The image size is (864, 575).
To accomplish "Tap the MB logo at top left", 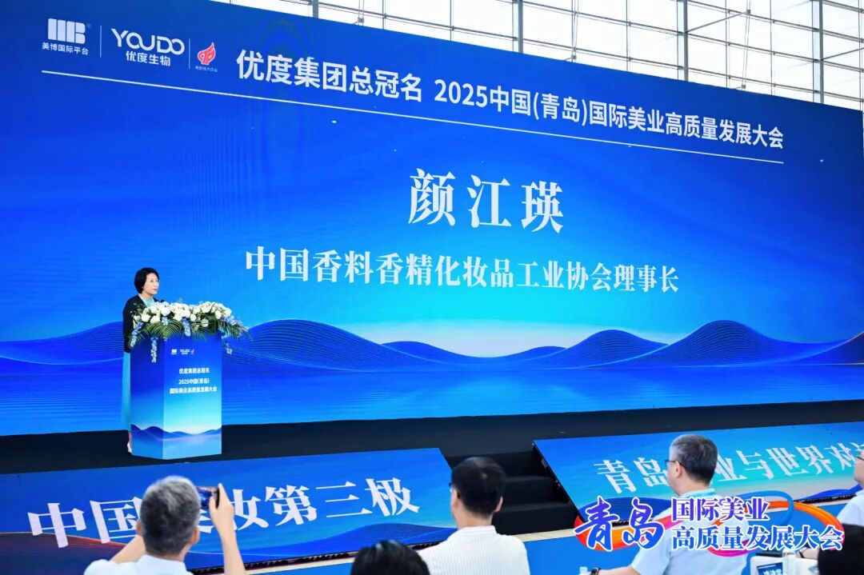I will [66, 31].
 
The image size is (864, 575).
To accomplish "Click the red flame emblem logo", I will [206, 54].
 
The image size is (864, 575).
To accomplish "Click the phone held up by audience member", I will [206, 497].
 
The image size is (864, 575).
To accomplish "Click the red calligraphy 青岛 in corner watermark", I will [620, 524].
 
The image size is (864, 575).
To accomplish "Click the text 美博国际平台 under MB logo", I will [66, 49].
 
